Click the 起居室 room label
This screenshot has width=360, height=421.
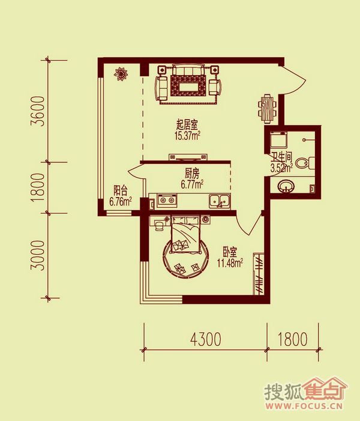coord(187,125)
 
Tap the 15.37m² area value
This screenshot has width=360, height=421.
coord(188,136)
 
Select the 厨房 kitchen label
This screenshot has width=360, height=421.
coord(192,174)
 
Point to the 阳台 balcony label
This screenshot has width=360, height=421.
coord(120,190)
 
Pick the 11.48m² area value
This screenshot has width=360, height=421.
coord(230,263)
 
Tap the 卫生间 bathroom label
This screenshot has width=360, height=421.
coord(281,157)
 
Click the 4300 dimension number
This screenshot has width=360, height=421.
coord(206,339)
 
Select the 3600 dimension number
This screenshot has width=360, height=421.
coord(37,111)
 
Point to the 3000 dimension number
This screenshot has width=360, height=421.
coord(37,256)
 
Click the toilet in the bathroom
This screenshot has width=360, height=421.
coord(305,162)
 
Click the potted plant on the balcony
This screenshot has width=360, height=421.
coord(121,73)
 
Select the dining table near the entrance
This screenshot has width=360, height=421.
coord(267,109)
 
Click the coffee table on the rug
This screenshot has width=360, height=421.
coord(188,88)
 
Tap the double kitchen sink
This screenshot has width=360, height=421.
coord(220,201)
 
